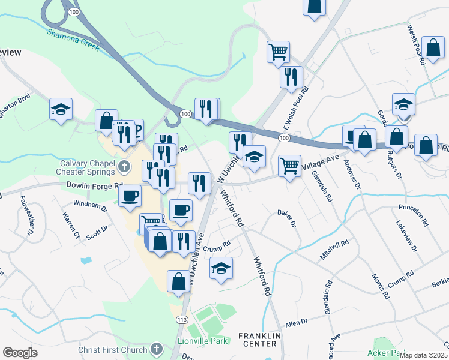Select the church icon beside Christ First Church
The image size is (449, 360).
click(156, 349)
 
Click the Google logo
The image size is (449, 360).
click(20, 352)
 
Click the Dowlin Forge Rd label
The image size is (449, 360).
click(95, 186)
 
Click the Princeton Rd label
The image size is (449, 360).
click(415, 215)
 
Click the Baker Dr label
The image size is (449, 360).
click(288, 217)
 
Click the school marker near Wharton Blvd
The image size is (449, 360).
click(61, 109)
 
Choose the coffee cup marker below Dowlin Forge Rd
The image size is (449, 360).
click(130, 195)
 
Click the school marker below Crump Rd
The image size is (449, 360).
click(221, 268)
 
